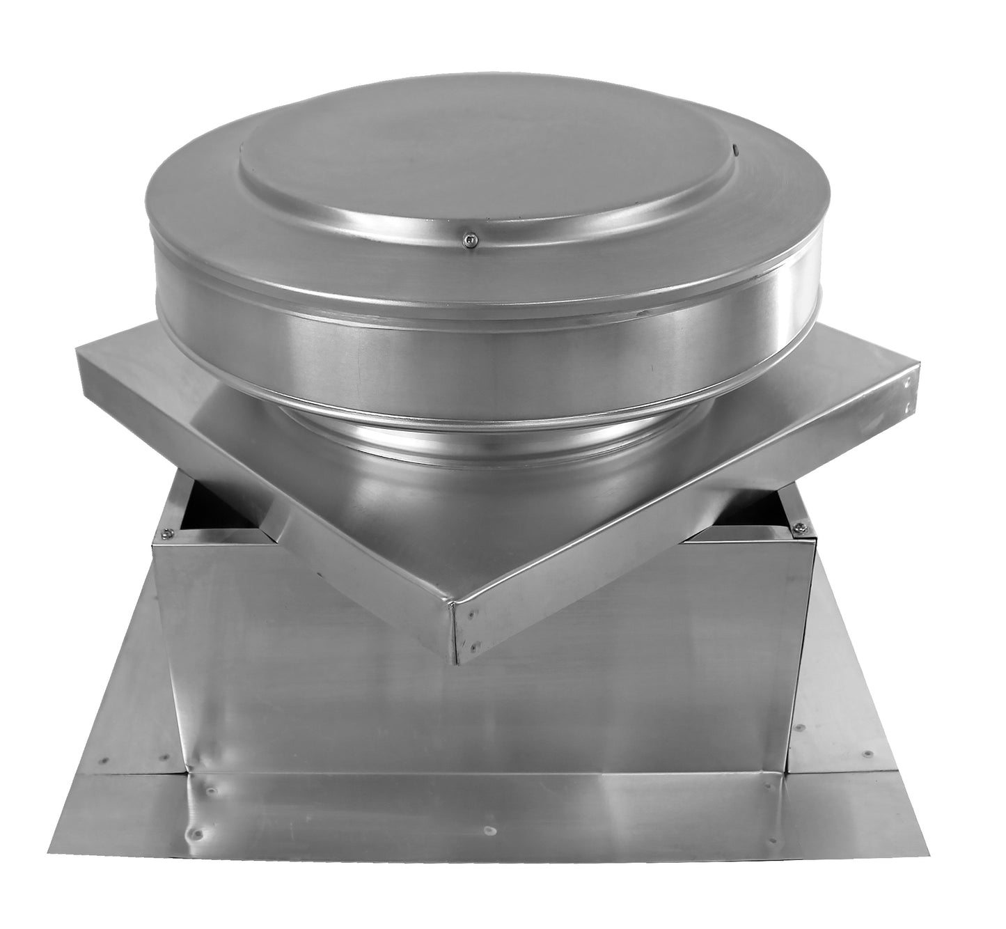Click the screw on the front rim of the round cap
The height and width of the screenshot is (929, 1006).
coord(471,242)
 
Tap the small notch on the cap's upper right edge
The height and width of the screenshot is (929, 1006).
coord(734,148)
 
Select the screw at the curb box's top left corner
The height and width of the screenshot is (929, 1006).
coord(166,534)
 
